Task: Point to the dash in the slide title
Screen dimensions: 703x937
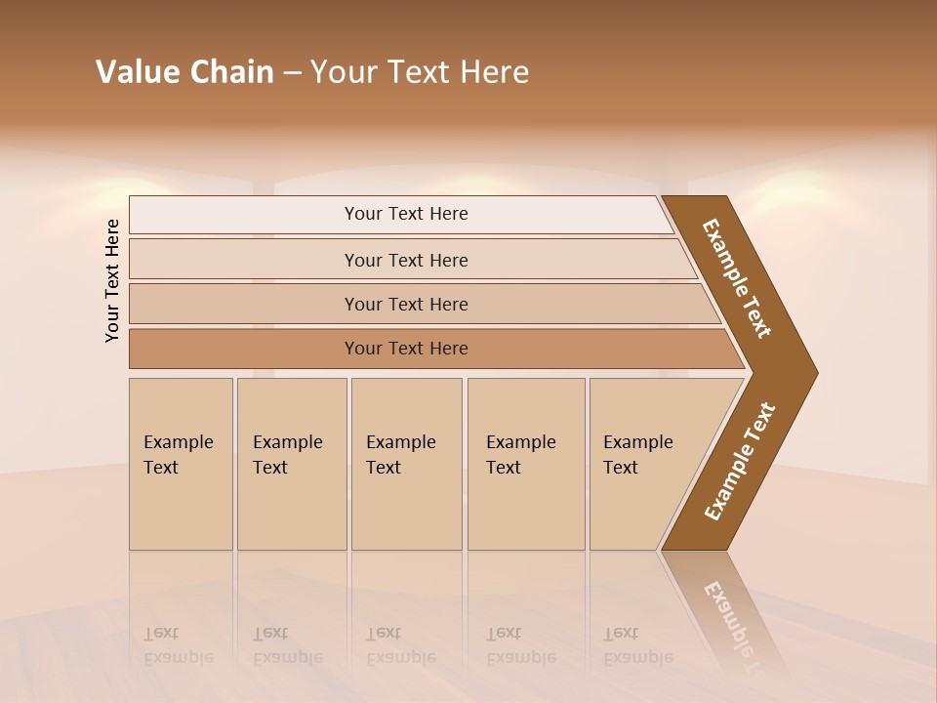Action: tap(292, 73)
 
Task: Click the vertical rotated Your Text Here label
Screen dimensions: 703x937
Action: tap(112, 280)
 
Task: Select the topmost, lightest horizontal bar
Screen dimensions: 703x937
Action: tap(405, 214)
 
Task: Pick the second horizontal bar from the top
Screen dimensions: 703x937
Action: tap(405, 260)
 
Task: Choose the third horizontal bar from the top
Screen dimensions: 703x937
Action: tap(405, 304)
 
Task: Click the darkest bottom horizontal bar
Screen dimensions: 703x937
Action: tap(405, 349)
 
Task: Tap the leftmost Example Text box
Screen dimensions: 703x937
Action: tap(181, 463)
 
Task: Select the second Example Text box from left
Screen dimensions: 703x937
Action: tap(291, 463)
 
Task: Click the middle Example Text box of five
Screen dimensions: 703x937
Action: tap(405, 463)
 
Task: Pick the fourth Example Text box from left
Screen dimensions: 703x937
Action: tap(525, 463)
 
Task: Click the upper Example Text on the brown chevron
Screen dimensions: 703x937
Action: tap(738, 278)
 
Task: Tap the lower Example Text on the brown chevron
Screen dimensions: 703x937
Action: tap(740, 462)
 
